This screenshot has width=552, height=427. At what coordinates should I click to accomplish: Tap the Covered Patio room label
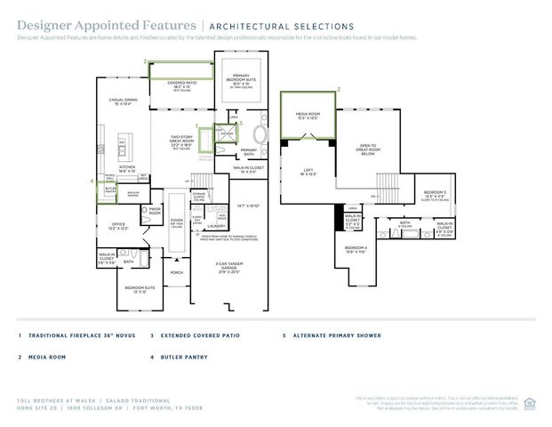[181, 85]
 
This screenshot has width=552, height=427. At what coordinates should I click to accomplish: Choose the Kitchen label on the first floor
[127, 168]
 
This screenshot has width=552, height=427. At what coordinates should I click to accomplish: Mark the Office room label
[116, 226]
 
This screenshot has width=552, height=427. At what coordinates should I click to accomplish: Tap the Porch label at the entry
[176, 272]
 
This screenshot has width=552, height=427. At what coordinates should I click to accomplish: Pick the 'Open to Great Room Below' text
[367, 149]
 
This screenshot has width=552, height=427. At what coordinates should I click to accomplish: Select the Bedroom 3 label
[435, 194]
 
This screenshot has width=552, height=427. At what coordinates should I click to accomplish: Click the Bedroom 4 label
[356, 248]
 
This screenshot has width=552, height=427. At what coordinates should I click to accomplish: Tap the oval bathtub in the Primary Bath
[260, 134]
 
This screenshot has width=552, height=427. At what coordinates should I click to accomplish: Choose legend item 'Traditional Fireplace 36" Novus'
[76, 335]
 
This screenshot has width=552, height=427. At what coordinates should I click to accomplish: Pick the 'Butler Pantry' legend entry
[188, 358]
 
